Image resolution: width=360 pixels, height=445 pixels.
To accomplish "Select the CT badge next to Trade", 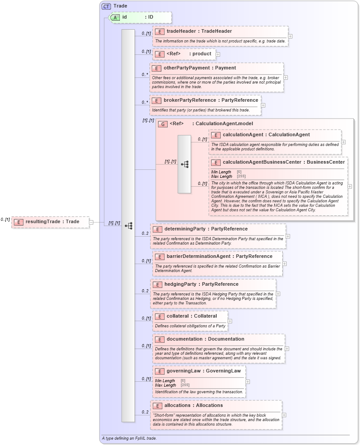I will tap(106, 6).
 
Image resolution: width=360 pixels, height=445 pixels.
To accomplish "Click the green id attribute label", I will tap(125, 17).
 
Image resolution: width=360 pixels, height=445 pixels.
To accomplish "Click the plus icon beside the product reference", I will tap(218, 54).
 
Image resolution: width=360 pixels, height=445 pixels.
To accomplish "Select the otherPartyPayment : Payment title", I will tap(199, 68).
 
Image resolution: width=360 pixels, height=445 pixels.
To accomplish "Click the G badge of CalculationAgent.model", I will tap(162, 124).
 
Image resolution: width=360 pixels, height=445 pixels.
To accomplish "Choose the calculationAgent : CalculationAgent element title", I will tap(266, 135).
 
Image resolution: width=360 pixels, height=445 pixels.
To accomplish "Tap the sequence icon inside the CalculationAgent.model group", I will tap(184, 164).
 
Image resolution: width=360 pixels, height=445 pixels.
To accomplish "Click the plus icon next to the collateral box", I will tap(230, 321).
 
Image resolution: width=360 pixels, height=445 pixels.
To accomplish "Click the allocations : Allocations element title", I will tap(193, 406).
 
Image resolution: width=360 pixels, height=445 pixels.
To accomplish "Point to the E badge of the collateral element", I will tap(159, 316).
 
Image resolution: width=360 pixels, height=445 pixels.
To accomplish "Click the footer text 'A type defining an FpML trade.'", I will tap(129, 438).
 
